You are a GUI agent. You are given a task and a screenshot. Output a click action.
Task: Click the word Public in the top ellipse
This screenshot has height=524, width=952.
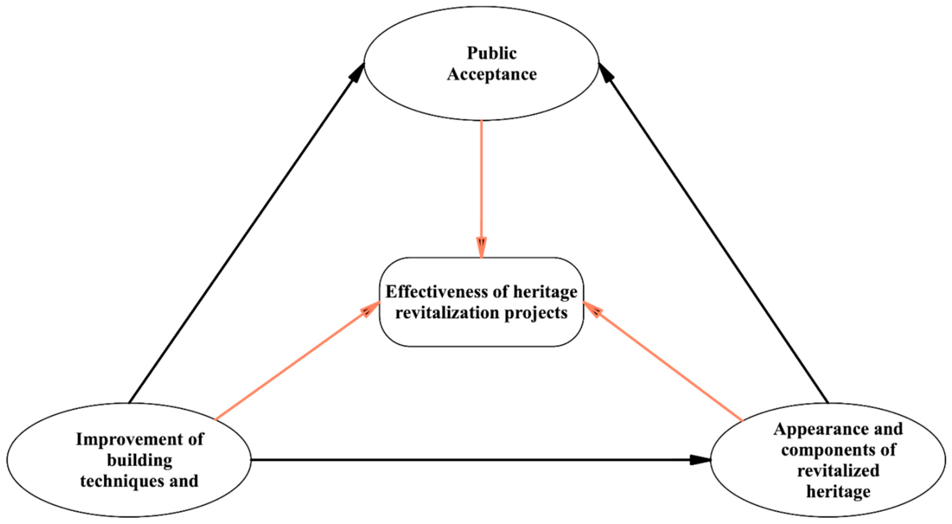click(x=492, y=53)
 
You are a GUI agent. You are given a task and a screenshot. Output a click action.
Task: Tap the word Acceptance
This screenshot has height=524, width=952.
click(x=492, y=75)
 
